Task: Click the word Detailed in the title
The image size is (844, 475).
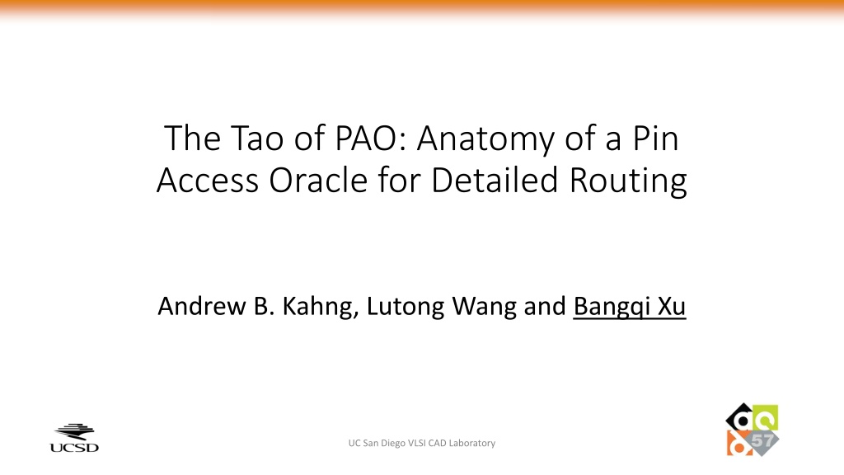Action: (495, 180)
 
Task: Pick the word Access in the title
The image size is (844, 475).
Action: (208, 181)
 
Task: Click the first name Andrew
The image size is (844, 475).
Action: (202, 307)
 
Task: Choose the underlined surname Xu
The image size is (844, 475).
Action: (672, 307)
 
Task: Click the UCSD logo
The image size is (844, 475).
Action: (74, 438)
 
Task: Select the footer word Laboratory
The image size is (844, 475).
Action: (472, 443)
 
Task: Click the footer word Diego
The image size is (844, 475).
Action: (393, 443)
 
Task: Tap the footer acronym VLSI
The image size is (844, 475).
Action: (416, 443)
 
